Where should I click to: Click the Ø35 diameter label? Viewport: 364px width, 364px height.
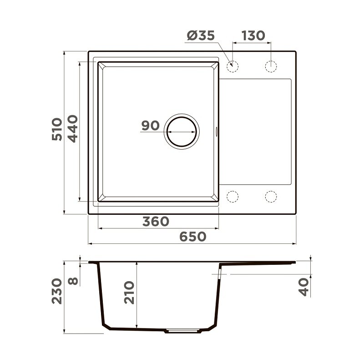(x=201, y=35)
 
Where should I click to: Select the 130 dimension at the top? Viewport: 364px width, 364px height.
(x=253, y=35)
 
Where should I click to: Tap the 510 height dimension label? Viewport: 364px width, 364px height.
(x=57, y=129)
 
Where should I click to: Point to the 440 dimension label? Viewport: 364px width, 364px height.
(x=73, y=129)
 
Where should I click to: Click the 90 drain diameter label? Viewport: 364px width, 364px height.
(x=151, y=126)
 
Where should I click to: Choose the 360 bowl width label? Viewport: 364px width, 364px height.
(x=156, y=222)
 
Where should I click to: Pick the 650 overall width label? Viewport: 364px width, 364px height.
(x=192, y=237)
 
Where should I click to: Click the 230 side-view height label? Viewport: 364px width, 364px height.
(x=57, y=291)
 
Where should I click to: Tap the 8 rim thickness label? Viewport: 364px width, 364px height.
(x=73, y=281)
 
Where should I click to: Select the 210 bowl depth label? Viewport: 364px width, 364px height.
(x=129, y=293)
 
